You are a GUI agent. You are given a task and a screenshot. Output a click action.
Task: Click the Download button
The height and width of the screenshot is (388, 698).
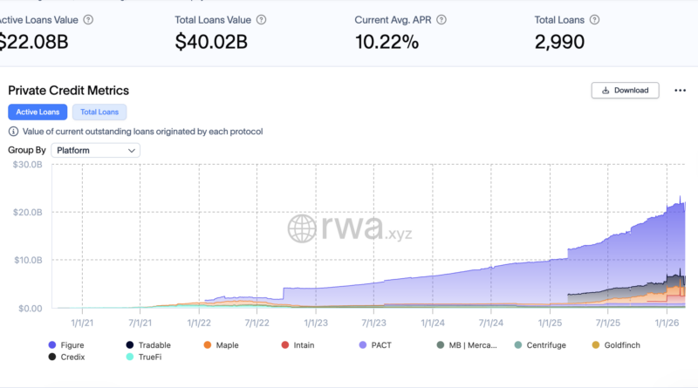click(x=625, y=90)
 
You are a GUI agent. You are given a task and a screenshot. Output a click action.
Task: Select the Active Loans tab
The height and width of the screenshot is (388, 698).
click(x=38, y=112)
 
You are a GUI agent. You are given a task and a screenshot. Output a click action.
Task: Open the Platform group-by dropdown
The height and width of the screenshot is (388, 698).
click(x=95, y=150)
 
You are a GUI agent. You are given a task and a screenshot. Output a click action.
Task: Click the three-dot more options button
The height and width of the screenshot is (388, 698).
click(x=677, y=90)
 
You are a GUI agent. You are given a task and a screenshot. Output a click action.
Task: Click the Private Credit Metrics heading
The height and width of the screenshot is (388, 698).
click(x=68, y=90)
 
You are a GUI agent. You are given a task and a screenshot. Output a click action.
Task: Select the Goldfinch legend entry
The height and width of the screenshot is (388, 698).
click(x=617, y=345)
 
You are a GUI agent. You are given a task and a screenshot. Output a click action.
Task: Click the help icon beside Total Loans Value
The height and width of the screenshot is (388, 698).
click(x=263, y=19)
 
